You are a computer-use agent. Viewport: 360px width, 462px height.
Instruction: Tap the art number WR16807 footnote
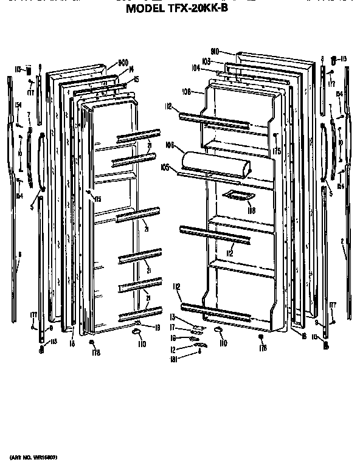(x=38, y=456)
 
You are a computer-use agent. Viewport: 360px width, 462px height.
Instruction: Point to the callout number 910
(x=215, y=53)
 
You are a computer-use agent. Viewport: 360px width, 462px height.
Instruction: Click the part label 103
(x=206, y=62)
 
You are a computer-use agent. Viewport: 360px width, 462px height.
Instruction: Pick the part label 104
(x=195, y=68)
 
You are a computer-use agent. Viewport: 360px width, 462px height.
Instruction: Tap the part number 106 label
(x=170, y=145)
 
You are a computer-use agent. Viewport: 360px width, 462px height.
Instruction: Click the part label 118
(x=250, y=210)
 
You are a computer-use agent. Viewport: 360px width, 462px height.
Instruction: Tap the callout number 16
(x=173, y=338)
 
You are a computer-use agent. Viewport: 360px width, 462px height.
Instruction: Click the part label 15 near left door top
(x=137, y=79)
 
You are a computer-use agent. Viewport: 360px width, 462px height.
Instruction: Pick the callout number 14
(x=130, y=71)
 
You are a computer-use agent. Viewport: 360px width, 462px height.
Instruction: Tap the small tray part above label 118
(x=238, y=195)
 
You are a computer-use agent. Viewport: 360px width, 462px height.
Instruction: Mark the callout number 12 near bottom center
(x=173, y=349)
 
